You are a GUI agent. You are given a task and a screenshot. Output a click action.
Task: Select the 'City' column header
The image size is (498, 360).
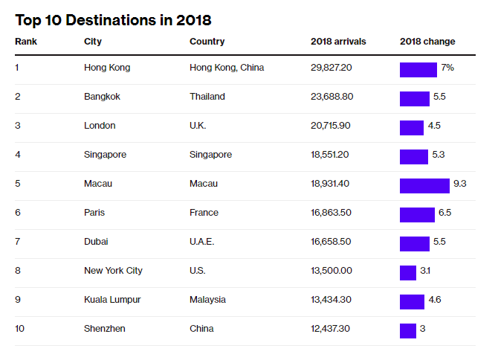[x=93, y=42]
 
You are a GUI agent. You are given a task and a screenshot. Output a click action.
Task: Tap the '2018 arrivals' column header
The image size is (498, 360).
[x=338, y=42]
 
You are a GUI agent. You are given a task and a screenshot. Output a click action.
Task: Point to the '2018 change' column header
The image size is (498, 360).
[x=427, y=42]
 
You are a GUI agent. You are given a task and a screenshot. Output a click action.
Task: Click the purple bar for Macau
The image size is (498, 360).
[x=424, y=186]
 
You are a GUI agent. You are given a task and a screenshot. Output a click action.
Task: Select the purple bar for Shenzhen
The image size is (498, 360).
[x=408, y=331]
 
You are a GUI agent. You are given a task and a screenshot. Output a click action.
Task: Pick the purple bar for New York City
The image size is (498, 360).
[x=408, y=273]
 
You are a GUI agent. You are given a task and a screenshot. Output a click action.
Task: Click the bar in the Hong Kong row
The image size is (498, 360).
[x=418, y=70]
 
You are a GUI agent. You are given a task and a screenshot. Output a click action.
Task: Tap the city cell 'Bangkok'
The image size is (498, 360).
[x=103, y=97]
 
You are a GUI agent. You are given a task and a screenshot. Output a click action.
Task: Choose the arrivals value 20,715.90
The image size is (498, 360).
[x=331, y=126]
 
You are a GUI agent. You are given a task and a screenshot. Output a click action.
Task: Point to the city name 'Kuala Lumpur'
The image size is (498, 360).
[x=112, y=300]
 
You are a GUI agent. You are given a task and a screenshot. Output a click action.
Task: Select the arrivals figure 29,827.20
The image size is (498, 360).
[x=331, y=68]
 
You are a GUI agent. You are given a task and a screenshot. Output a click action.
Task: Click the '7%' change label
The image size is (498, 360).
[x=447, y=68]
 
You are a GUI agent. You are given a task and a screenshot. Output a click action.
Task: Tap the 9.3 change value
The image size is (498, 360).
[x=459, y=184]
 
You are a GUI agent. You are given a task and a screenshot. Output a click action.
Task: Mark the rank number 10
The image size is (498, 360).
[x=20, y=329]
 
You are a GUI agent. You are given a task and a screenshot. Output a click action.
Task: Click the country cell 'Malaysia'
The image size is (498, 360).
[x=207, y=300]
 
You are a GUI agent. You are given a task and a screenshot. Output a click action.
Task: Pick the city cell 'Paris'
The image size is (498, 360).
[x=94, y=213]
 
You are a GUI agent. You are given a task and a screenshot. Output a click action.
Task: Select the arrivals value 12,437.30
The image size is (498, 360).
[x=331, y=329]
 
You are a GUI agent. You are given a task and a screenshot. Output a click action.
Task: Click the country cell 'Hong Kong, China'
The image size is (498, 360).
[x=227, y=68]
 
